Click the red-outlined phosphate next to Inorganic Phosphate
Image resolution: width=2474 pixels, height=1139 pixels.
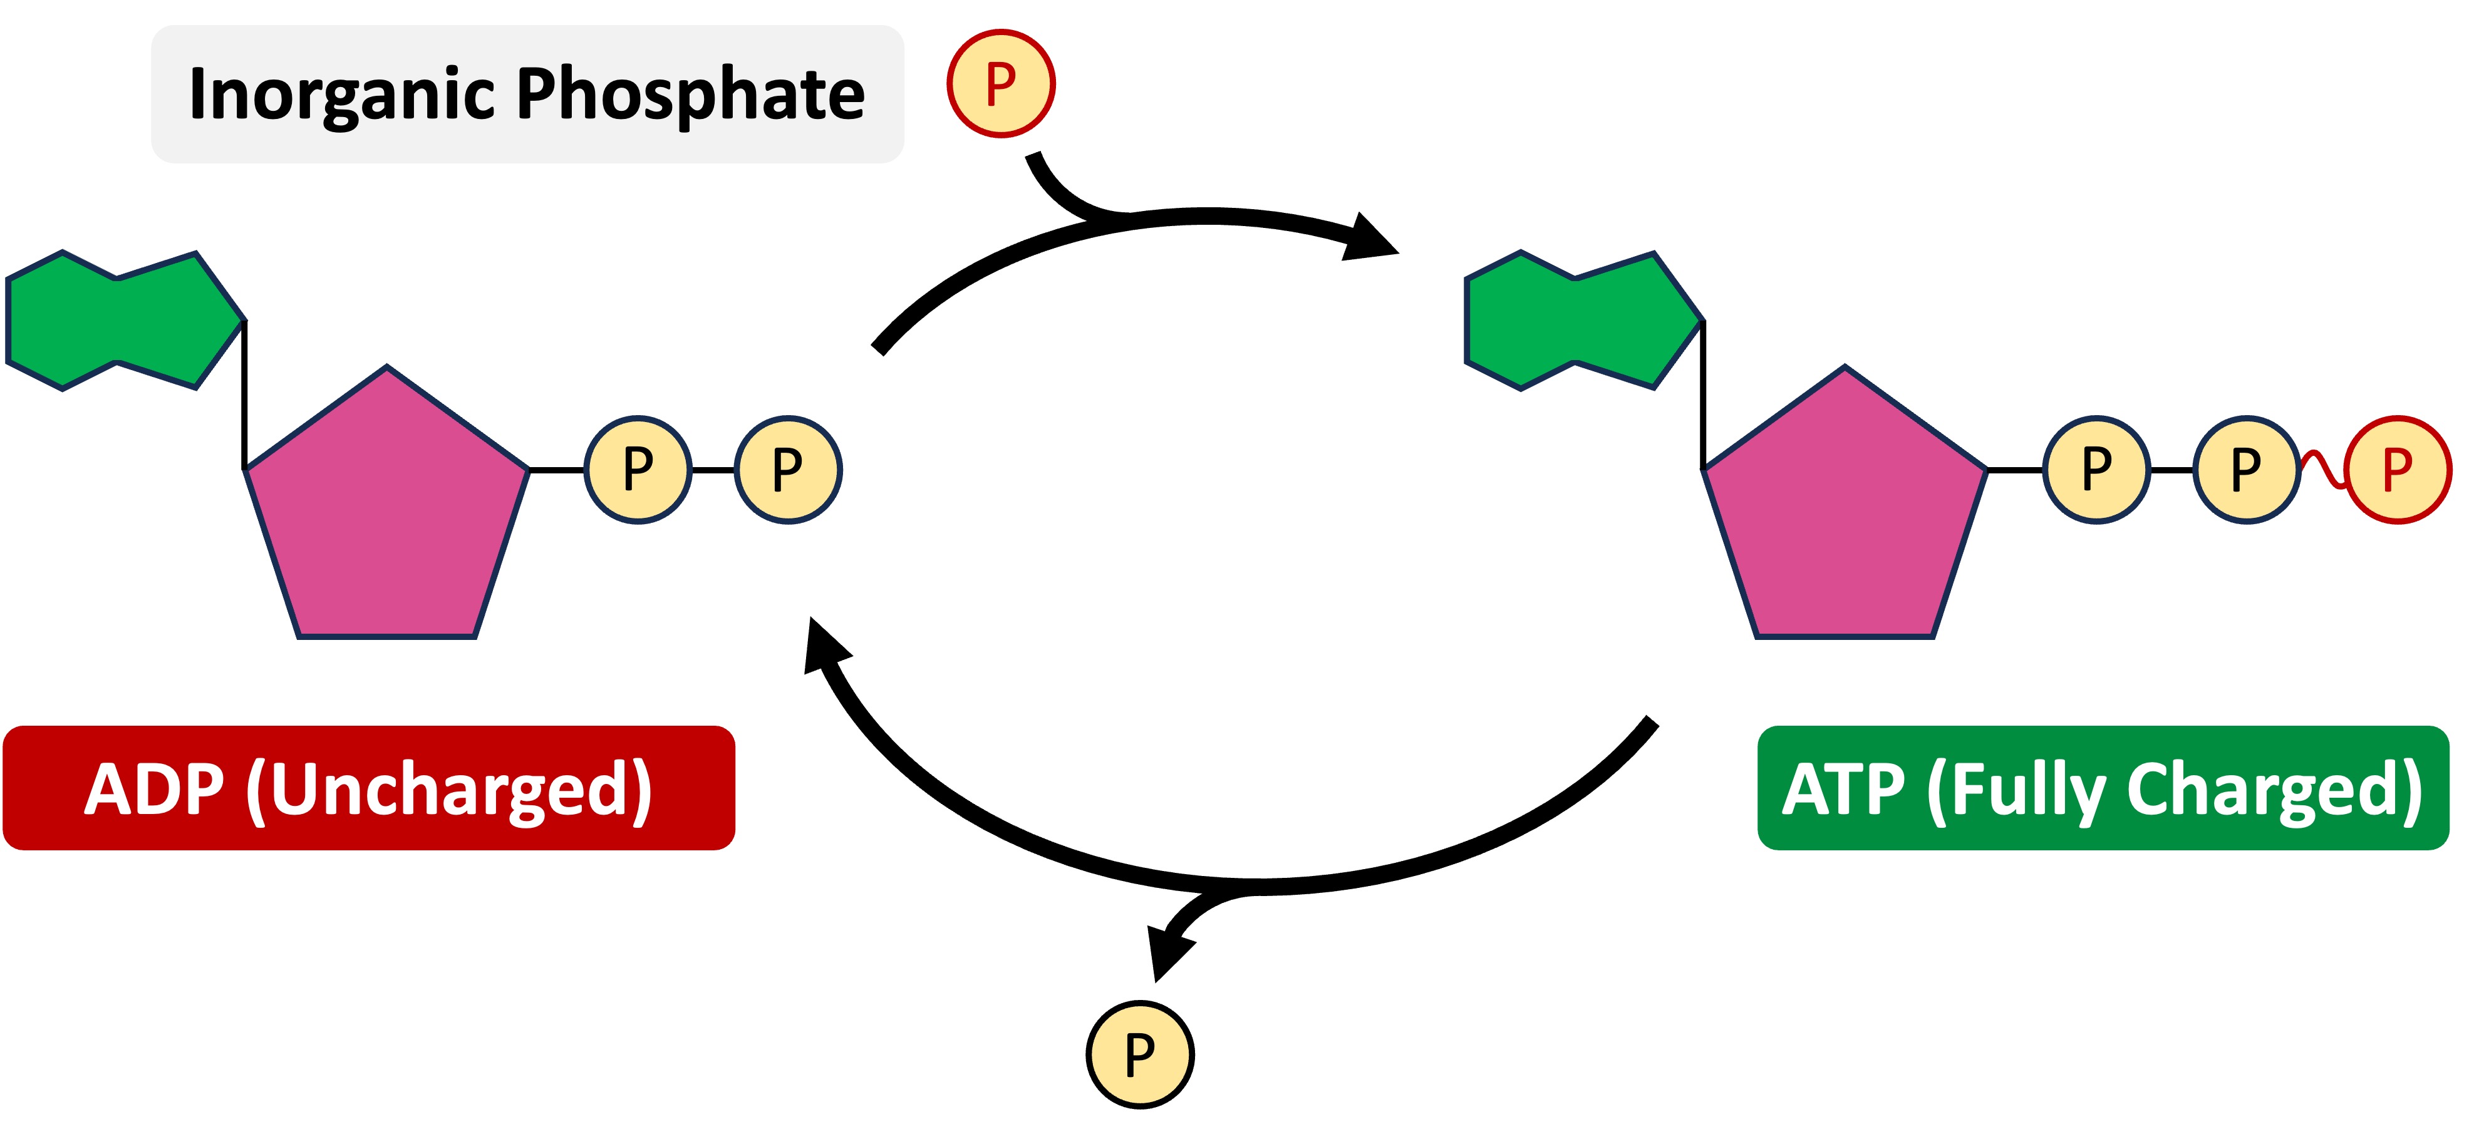(1001, 83)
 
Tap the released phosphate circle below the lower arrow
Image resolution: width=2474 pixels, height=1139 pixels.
(1140, 1054)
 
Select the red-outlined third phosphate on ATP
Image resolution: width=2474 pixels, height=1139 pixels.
(2397, 470)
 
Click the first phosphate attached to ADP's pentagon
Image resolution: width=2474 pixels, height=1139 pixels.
(638, 470)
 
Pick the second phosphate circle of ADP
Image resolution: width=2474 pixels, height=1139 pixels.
(787, 470)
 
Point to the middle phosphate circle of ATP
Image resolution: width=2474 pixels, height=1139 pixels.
(2247, 470)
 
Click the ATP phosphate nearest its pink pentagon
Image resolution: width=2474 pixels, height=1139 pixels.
(2096, 470)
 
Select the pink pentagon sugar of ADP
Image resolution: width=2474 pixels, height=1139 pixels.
(387, 514)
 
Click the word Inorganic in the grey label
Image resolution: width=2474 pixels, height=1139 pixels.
(342, 95)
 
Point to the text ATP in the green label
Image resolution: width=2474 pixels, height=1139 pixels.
(1843, 790)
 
